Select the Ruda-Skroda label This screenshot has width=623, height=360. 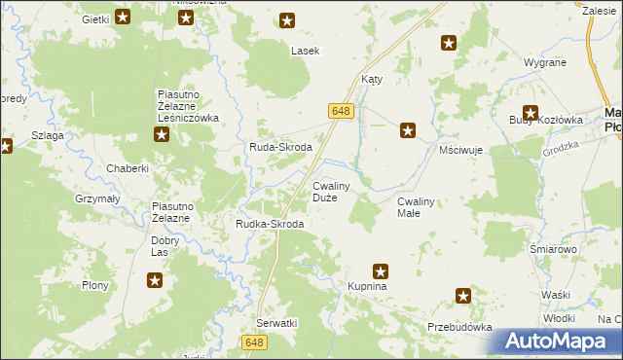(279, 147)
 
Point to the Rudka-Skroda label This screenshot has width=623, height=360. (270, 224)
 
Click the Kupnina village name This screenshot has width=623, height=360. (368, 288)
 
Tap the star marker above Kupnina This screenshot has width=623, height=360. (381, 271)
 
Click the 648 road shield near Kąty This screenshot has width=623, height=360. (340, 113)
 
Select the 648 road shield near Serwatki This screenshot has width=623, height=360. (255, 342)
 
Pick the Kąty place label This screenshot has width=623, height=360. (372, 80)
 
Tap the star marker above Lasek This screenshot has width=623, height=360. (287, 19)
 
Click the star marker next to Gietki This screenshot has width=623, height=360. (123, 17)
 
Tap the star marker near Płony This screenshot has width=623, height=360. (155, 281)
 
